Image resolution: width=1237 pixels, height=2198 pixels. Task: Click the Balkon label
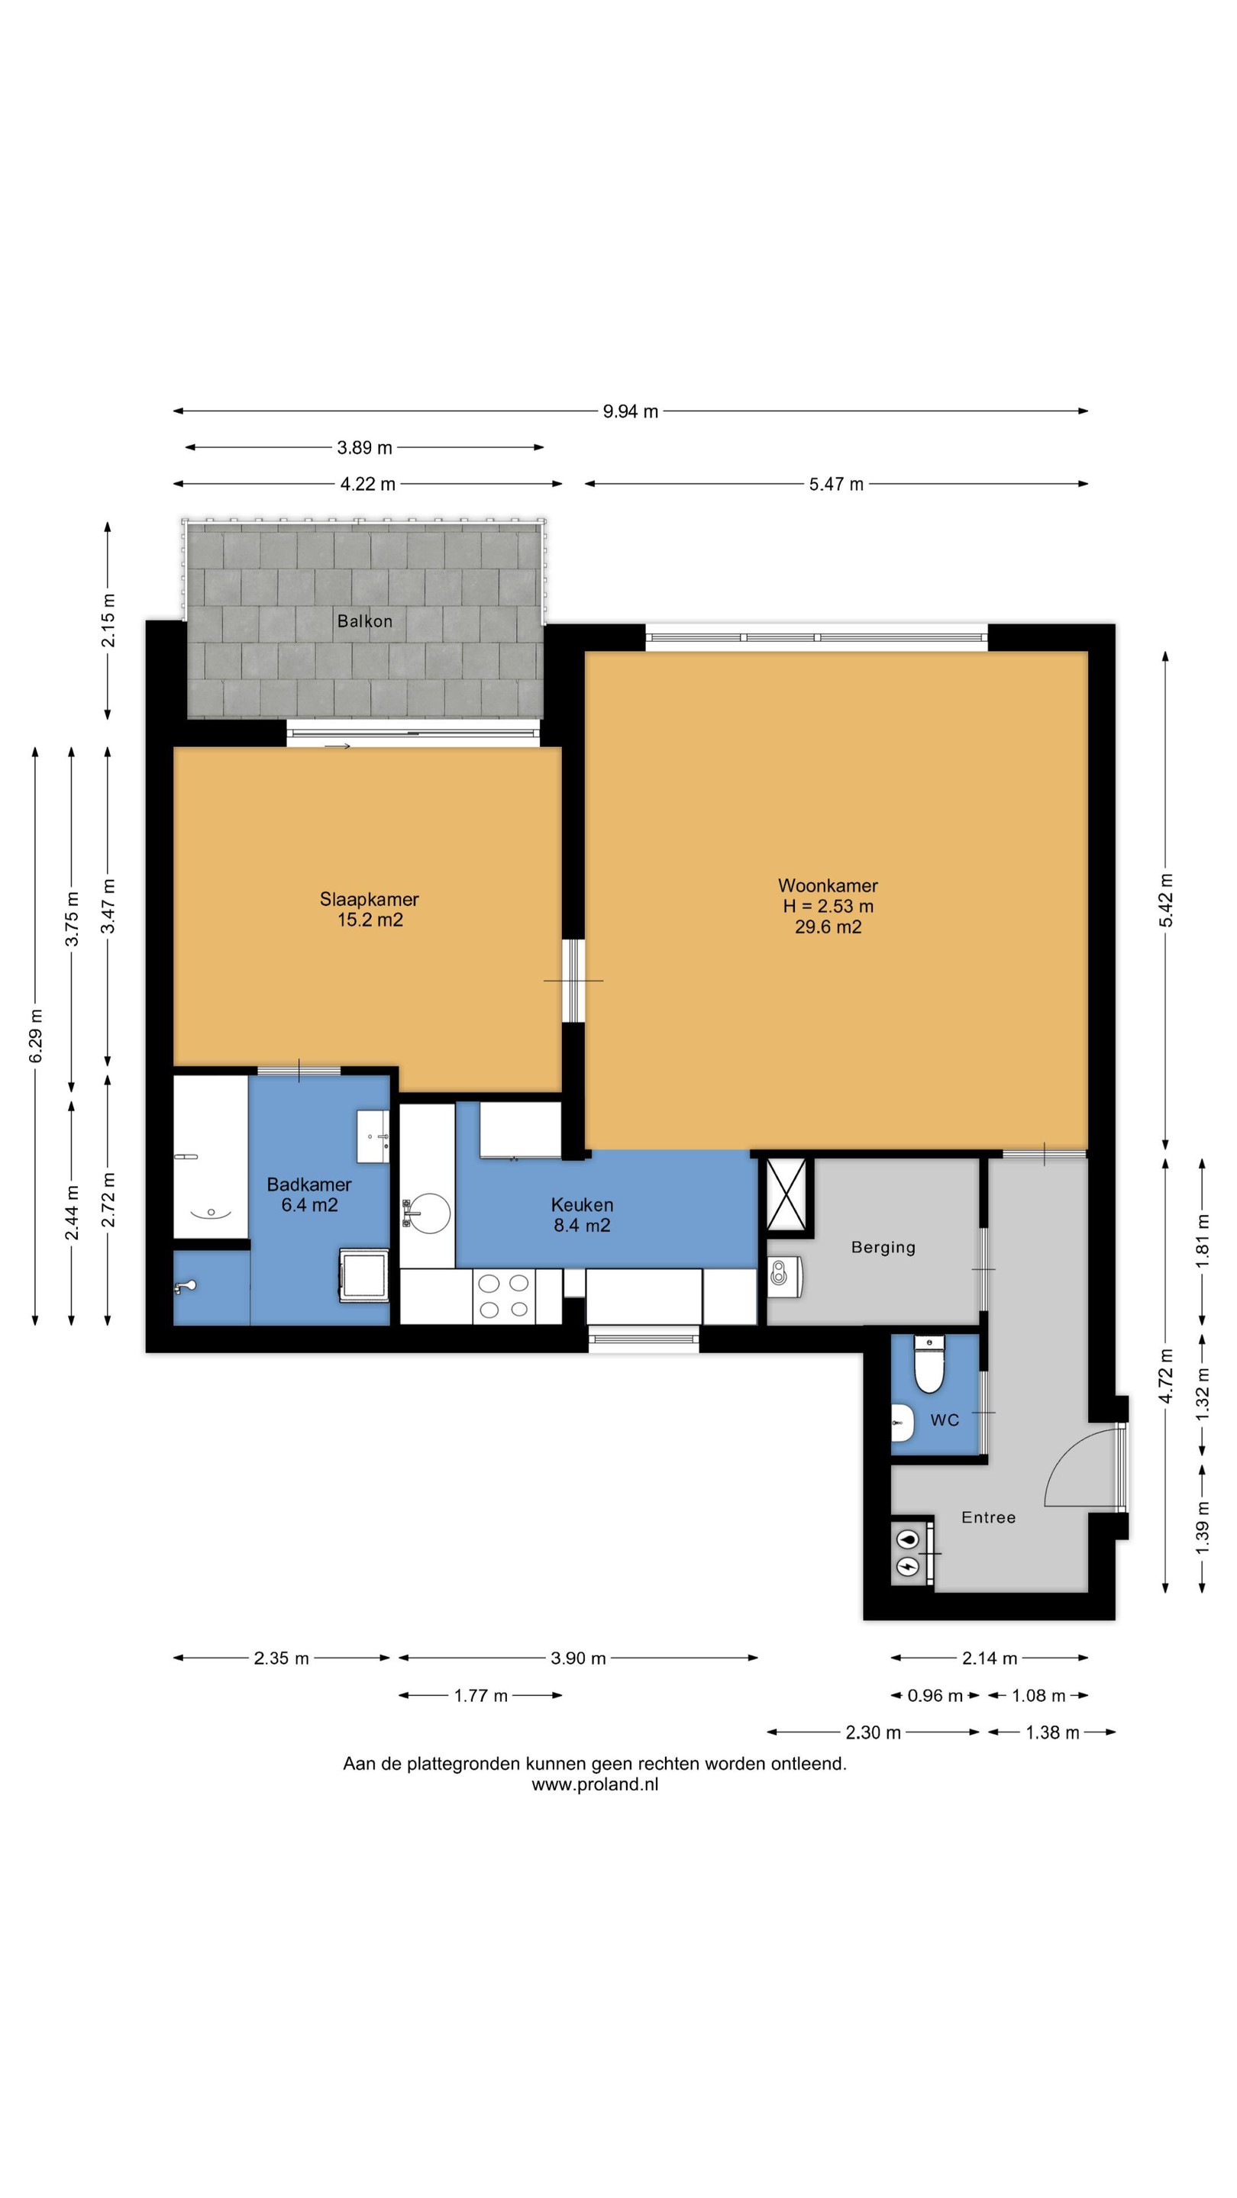[x=364, y=621]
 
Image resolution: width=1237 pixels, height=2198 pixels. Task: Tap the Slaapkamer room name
[x=369, y=899]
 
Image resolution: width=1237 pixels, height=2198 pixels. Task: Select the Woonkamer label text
[x=827, y=885]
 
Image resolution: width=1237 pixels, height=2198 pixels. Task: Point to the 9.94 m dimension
[x=630, y=411]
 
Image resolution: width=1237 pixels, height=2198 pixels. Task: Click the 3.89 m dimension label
[x=364, y=447]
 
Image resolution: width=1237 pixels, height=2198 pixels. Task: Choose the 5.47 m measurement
[x=836, y=484]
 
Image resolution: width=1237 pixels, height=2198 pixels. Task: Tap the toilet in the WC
[x=929, y=1364]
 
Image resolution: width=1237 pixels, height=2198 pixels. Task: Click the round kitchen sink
[x=428, y=1213]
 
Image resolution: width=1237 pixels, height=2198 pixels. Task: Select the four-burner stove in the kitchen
[x=504, y=1296]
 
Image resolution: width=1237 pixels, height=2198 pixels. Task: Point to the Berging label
[x=883, y=1248]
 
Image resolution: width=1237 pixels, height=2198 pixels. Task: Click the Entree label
[x=988, y=1517]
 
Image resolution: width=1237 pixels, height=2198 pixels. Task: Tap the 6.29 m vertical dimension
[x=36, y=1036]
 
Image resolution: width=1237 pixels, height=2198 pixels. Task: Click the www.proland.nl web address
[x=595, y=1784]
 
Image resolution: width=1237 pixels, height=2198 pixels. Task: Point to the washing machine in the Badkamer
[x=363, y=1275]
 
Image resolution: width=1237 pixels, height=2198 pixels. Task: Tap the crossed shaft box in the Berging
[x=786, y=1194]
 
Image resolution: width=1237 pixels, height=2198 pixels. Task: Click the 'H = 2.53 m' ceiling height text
[x=827, y=906]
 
